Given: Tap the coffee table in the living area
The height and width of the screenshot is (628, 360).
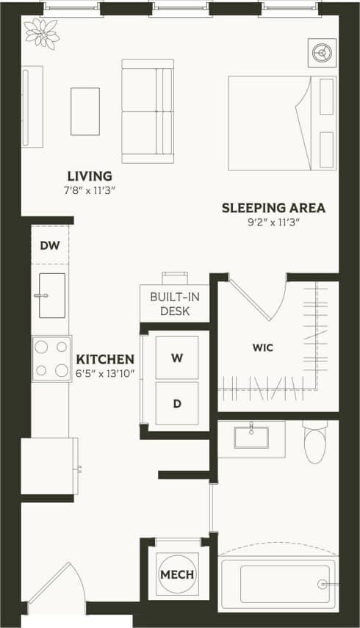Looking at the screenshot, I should (85, 112).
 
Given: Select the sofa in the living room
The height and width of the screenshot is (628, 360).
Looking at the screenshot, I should (148, 111).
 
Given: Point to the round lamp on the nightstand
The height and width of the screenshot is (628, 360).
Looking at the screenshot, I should (322, 52).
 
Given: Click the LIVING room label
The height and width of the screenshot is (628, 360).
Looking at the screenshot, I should (90, 176).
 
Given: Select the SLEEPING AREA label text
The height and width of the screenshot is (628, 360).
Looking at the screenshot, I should (273, 208).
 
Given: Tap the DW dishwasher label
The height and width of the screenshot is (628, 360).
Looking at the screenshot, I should (50, 245).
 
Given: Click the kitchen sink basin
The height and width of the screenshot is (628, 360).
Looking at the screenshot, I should (51, 295).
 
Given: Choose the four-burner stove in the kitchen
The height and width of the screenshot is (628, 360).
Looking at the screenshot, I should (51, 358).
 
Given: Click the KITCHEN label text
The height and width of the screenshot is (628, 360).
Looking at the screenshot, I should (105, 359).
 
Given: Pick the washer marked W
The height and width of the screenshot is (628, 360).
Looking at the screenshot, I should (177, 358).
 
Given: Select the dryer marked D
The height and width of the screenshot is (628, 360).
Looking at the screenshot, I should (177, 403).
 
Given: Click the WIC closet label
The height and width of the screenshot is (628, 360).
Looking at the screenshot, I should (262, 347).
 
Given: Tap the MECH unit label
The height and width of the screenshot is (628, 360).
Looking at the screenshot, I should (177, 574).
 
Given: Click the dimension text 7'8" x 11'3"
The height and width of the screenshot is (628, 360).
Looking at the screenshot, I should (90, 191).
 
